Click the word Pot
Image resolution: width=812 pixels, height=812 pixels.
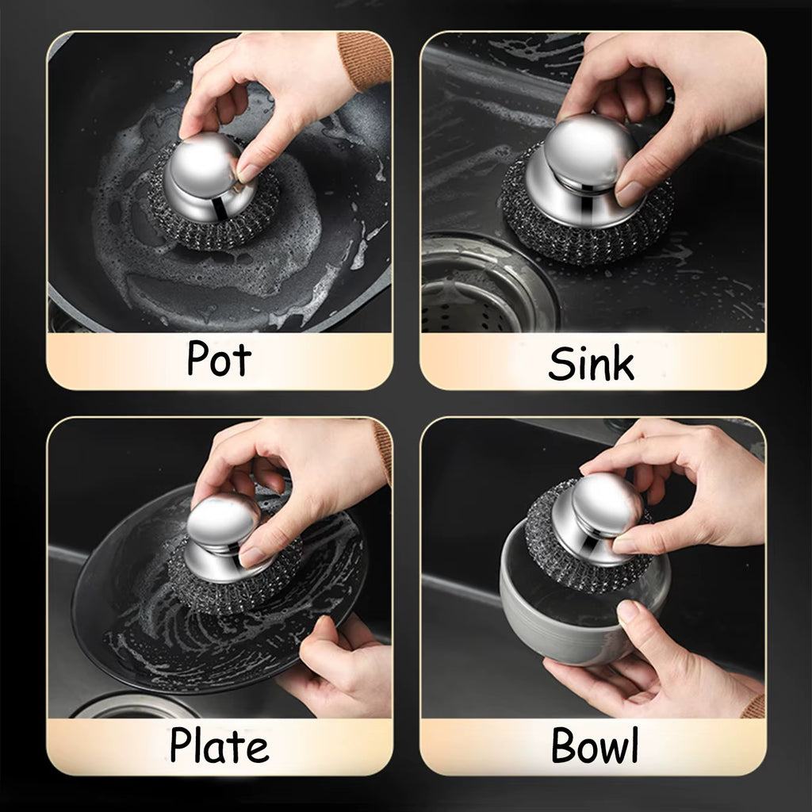click(219, 359)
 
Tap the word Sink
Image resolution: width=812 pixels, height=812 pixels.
click(592, 364)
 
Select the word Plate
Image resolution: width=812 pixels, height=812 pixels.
click(219, 746)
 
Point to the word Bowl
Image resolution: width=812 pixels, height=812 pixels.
click(595, 746)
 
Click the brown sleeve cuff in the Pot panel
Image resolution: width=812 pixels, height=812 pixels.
click(365, 59)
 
